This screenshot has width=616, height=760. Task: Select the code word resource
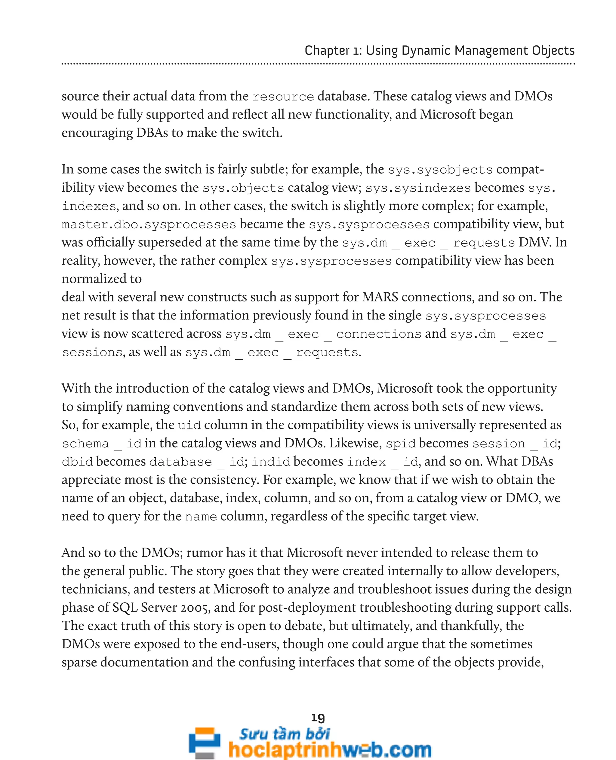[x=283, y=97]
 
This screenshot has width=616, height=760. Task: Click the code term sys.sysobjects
[x=440, y=170]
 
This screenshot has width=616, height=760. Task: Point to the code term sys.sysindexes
[x=418, y=188]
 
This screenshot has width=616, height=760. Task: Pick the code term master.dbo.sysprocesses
[x=149, y=225]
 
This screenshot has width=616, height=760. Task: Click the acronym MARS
[x=380, y=297]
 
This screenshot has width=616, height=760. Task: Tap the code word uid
[x=189, y=425]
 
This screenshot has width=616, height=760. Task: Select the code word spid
[x=401, y=444]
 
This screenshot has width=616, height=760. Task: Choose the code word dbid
[x=77, y=462]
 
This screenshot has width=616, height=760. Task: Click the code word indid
[x=271, y=462]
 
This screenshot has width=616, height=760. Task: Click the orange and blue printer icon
[x=205, y=743]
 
